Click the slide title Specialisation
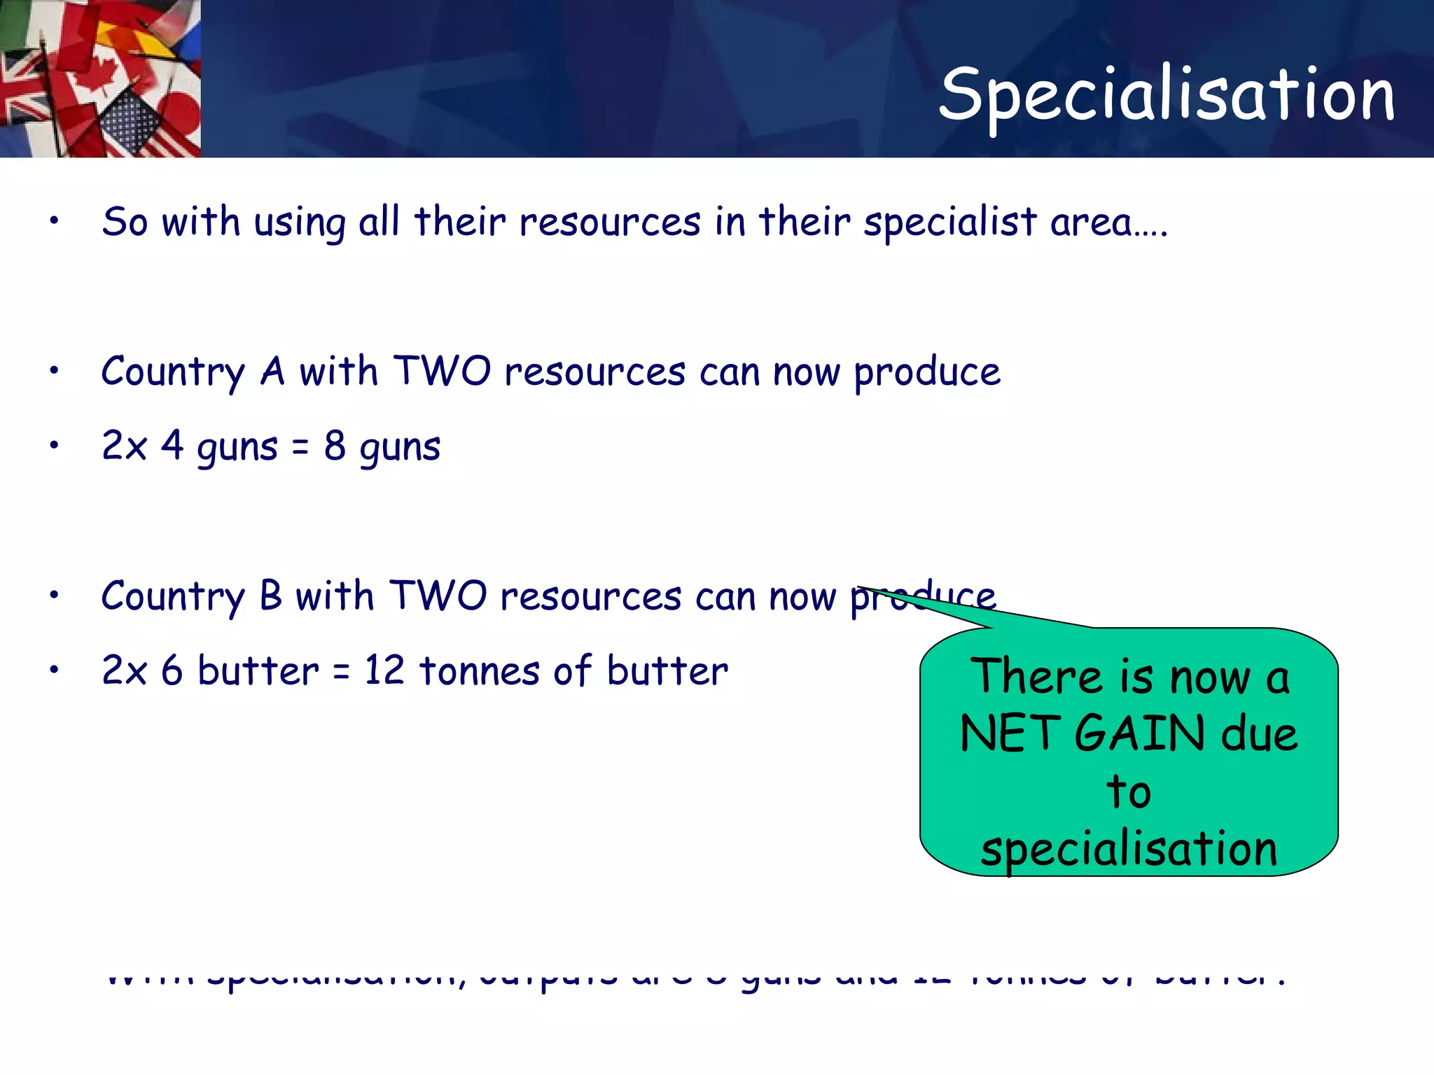1167,94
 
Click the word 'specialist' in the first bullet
949,222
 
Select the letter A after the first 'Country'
272,370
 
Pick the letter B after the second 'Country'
271,596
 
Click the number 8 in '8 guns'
335,445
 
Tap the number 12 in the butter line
384,670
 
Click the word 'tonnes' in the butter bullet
480,670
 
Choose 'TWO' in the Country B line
438,596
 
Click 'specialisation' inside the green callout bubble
1129,849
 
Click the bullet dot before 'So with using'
54,221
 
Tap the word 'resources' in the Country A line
594,372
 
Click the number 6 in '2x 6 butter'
172,670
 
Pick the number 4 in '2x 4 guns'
172,445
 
